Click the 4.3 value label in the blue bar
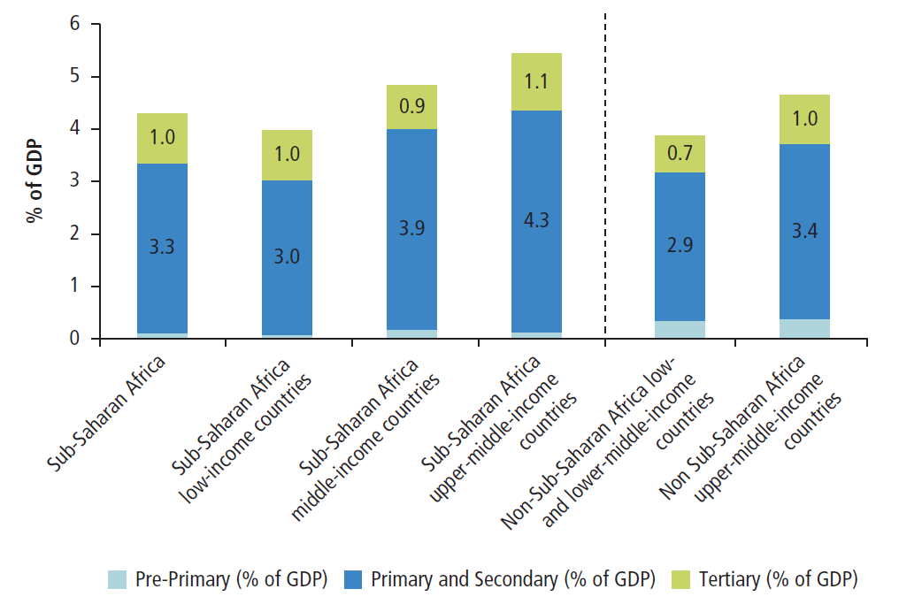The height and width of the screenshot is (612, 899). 536,220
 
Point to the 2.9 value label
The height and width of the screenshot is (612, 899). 679,246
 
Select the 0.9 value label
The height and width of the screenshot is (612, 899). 412,107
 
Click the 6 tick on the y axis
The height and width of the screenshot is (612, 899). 74,25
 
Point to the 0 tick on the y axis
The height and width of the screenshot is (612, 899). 74,339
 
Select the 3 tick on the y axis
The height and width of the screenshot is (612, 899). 74,182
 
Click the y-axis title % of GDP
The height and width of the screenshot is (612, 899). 35,181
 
